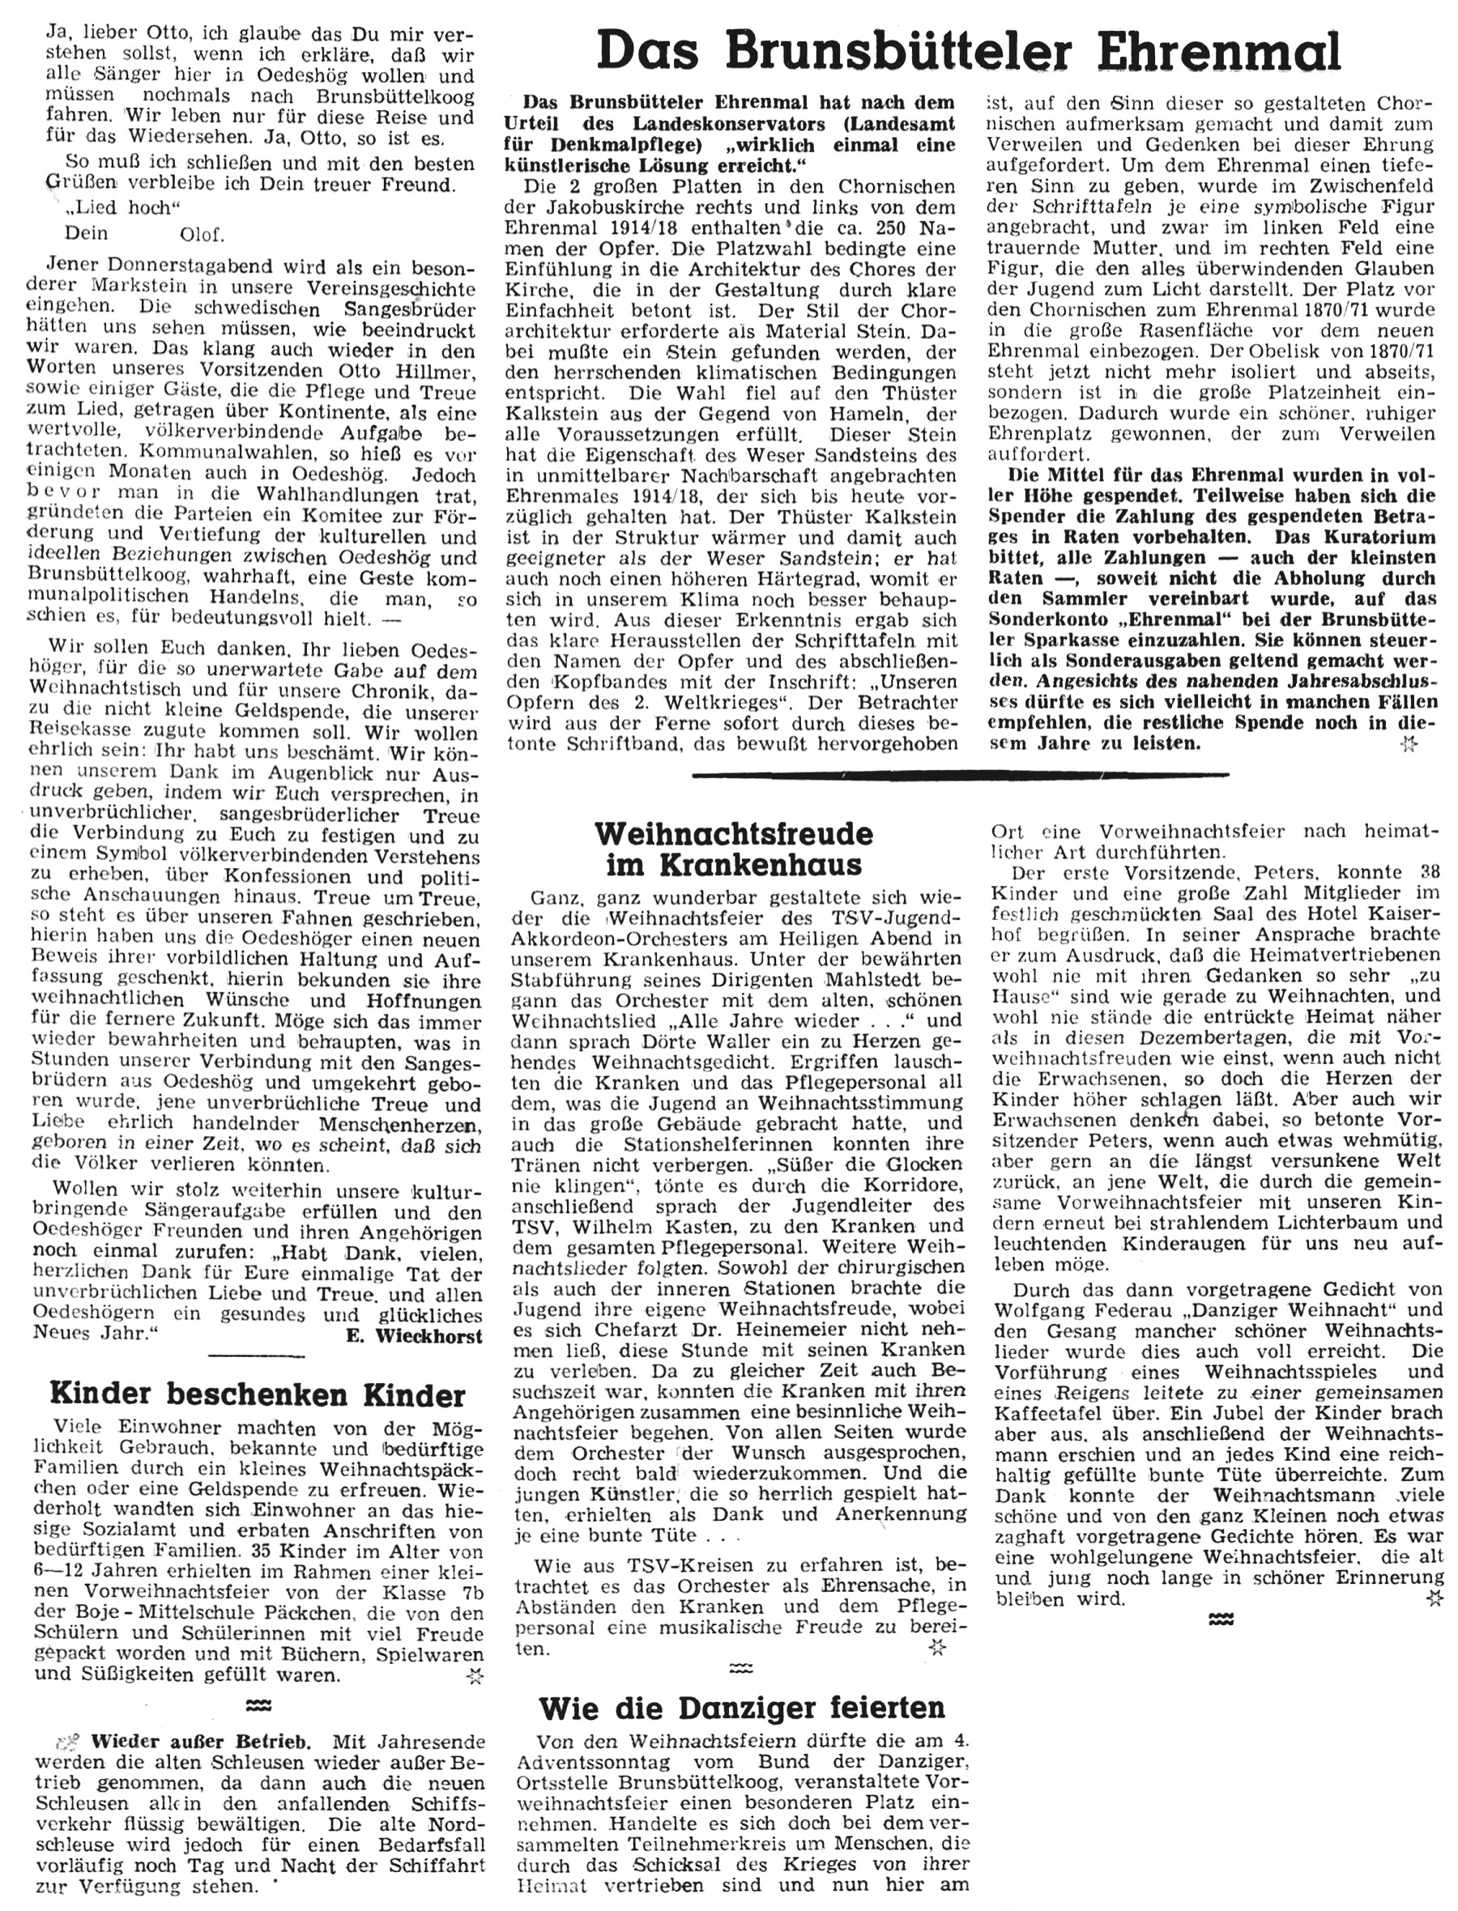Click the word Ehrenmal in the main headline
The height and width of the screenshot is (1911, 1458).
(1220, 52)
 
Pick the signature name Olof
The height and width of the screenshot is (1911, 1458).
(202, 234)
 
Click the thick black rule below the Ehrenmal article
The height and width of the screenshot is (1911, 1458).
(961, 775)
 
